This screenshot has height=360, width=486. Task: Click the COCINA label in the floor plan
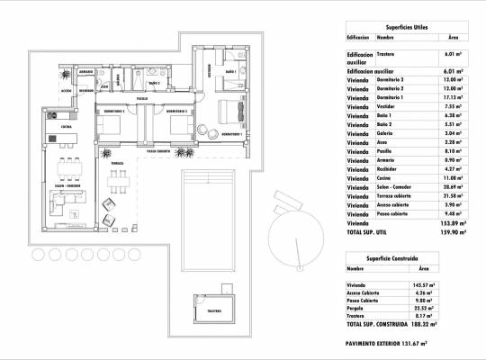pyautogui.click(x=66, y=128)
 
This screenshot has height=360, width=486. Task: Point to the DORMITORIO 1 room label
pyautogui.click(x=233, y=134)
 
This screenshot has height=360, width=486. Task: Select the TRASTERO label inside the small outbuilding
pyautogui.click(x=213, y=310)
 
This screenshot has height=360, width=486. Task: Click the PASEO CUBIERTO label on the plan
pyautogui.click(x=159, y=151)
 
